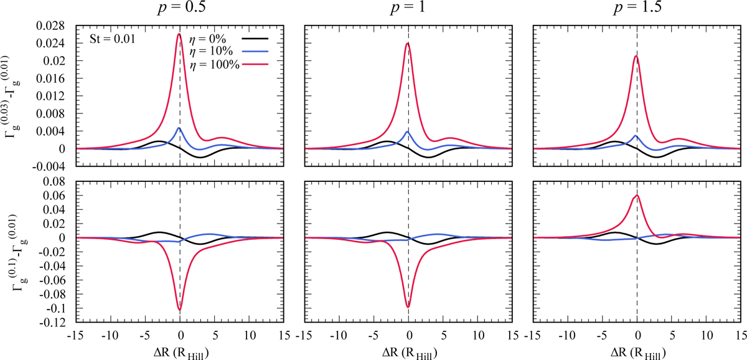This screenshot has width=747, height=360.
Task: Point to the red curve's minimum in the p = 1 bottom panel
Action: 408,306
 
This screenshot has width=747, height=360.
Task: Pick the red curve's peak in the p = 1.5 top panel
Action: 636,56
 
